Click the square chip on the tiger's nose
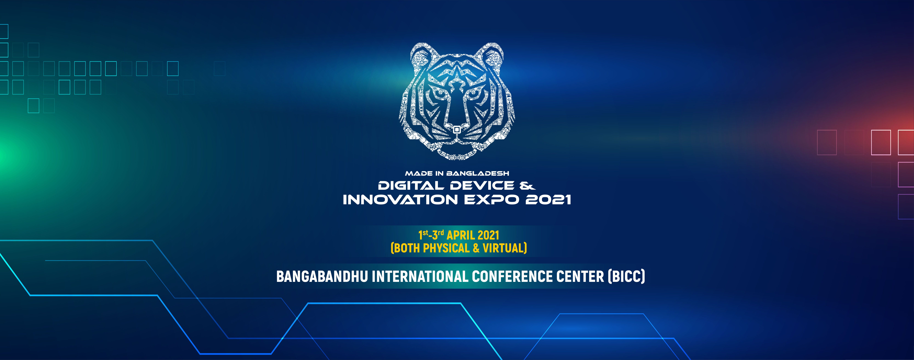click(457, 130)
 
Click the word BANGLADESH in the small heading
click(478, 173)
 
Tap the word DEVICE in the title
click(482, 185)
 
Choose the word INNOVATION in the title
click(400, 200)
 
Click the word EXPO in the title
click(491, 200)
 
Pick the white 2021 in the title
click(548, 200)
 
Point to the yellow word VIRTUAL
click(503, 248)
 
